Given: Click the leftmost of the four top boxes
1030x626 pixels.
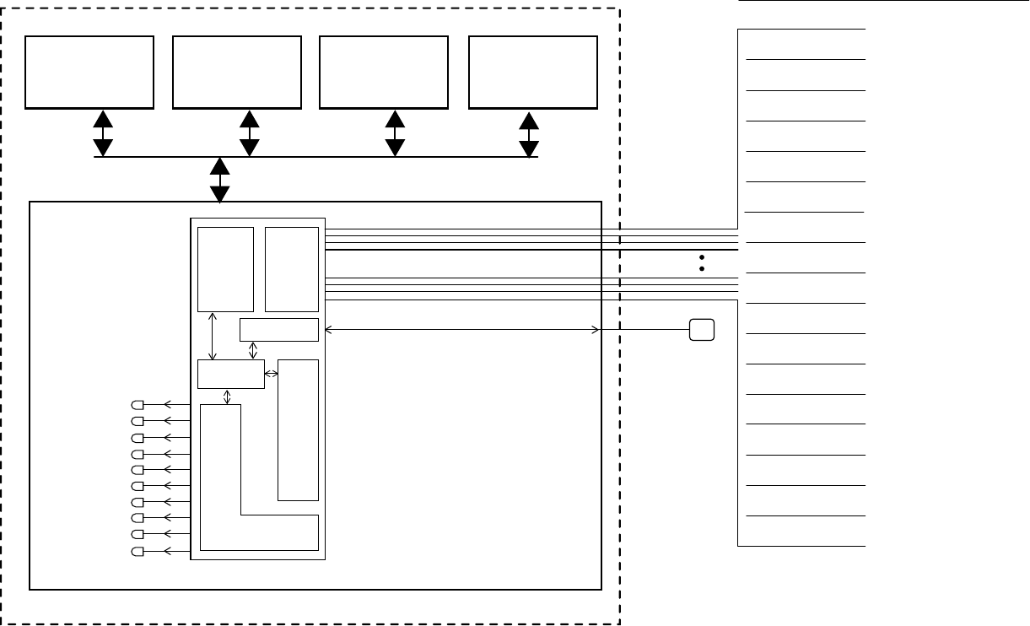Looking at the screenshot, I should (x=89, y=72).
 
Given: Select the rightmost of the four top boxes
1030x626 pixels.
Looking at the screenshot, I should (x=533, y=72).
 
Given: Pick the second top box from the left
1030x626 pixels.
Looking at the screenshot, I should (x=237, y=72).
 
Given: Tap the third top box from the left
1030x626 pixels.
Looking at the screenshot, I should (x=385, y=72).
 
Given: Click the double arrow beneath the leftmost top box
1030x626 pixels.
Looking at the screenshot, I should (x=103, y=133).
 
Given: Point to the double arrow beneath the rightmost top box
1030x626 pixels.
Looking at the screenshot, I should (x=529, y=133).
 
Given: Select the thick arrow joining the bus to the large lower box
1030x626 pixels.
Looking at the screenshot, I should (x=220, y=181).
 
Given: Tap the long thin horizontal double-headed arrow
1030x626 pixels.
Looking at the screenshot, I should (x=461, y=329).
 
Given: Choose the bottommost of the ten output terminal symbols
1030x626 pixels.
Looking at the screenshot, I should (x=138, y=552).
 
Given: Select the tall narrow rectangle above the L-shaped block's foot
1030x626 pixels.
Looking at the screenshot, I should (x=298, y=429).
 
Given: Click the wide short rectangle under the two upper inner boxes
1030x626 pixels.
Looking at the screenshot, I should (x=279, y=329).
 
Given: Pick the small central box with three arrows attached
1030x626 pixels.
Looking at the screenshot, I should (x=230, y=374).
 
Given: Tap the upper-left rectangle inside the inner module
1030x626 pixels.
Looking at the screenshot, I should (x=225, y=269).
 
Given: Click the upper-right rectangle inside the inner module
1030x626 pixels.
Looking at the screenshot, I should (x=292, y=269).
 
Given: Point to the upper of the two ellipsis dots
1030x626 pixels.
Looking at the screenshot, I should (x=702, y=256).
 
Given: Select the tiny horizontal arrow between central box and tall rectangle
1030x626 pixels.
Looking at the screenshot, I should (x=272, y=373).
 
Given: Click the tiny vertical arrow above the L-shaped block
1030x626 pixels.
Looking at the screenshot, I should (x=226, y=397).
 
